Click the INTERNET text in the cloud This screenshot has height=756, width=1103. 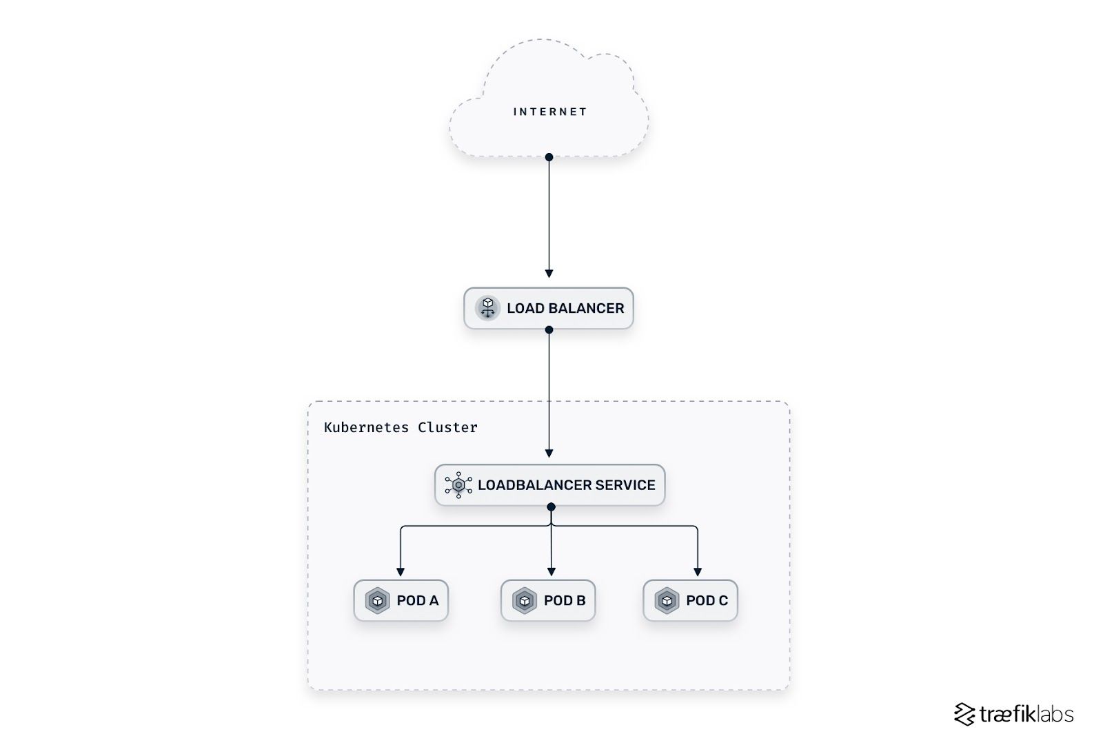[549, 112]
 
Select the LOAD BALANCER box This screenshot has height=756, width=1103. [549, 308]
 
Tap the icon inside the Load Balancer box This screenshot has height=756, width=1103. [487, 307]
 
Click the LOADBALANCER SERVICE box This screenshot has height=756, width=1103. [550, 485]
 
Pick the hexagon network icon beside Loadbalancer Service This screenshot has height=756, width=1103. [458, 485]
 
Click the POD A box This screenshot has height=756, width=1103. [401, 600]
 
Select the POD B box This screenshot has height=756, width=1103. [548, 600]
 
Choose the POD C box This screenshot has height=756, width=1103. [690, 600]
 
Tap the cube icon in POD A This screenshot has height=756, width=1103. [377, 600]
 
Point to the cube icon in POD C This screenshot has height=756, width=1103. [667, 600]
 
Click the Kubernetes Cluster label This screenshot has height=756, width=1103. [401, 427]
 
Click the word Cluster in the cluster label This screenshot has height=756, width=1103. [447, 427]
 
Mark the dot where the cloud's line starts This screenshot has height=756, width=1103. [549, 157]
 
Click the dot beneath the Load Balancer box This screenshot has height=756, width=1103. [549, 330]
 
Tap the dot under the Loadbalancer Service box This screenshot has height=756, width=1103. [551, 507]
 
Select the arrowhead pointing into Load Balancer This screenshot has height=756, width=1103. [549, 274]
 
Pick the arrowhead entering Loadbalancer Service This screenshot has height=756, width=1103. [549, 453]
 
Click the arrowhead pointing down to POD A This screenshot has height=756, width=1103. [401, 572]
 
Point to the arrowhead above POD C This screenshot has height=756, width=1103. [698, 572]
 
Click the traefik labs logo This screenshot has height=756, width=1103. [1013, 714]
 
